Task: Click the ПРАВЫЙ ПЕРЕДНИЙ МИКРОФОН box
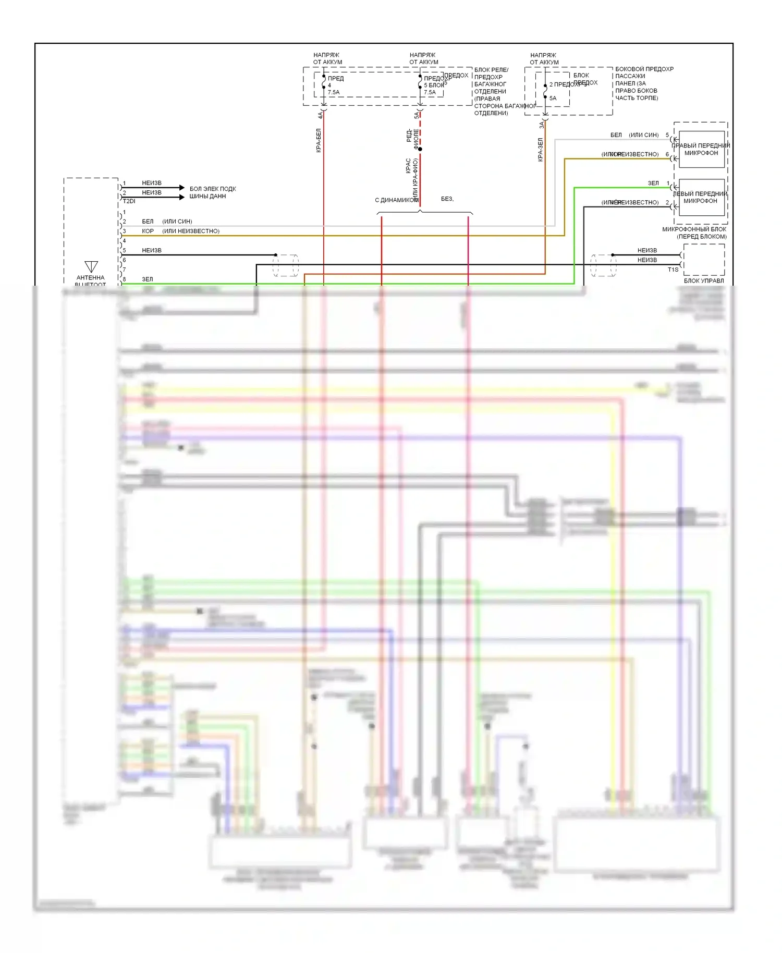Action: (x=701, y=149)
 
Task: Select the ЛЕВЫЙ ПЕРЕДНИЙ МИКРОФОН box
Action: (x=701, y=197)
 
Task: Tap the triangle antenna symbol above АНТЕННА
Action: (x=91, y=266)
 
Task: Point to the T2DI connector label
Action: (x=129, y=201)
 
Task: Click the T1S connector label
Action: (x=673, y=270)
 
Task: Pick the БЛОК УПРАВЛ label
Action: (x=704, y=280)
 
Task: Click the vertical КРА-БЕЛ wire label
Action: (x=319, y=140)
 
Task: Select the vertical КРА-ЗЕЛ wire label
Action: (x=541, y=150)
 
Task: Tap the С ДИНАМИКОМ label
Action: (x=396, y=200)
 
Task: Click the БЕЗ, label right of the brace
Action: (x=447, y=199)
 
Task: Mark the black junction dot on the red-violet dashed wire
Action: (x=420, y=149)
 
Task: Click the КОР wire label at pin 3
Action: (x=148, y=231)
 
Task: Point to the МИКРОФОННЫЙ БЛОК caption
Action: (x=694, y=229)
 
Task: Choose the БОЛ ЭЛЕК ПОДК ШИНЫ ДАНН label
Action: (x=213, y=192)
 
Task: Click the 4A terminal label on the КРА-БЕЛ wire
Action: (x=320, y=115)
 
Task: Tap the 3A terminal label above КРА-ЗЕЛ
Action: (x=542, y=125)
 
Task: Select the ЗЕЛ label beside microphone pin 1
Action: (x=653, y=183)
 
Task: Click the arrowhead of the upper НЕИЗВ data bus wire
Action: (x=181, y=187)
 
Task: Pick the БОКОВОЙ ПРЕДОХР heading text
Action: (x=644, y=69)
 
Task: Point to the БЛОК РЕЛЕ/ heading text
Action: (x=491, y=70)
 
